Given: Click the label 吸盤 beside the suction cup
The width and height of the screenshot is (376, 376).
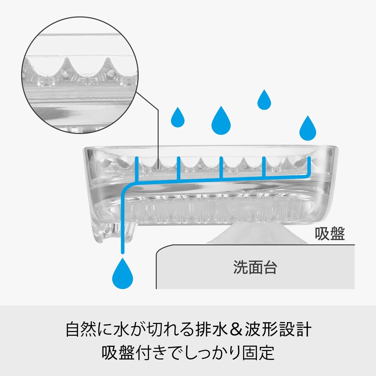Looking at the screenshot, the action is pyautogui.click(x=330, y=234).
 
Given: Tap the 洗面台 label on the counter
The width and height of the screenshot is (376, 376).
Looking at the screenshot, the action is pyautogui.click(x=255, y=267).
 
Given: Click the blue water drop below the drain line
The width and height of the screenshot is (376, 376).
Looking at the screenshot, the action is pyautogui.click(x=122, y=273).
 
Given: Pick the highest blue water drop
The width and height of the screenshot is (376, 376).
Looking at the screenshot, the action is pyautogui.click(x=264, y=100).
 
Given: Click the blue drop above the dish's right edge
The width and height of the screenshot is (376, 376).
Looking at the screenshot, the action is pyautogui.click(x=308, y=128).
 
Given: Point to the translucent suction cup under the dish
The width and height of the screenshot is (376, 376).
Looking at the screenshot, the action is pyautogui.click(x=257, y=234).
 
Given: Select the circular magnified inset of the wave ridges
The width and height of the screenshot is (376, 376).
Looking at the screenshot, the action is pyautogui.click(x=80, y=75).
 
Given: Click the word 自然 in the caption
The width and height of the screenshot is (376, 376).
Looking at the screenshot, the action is pyautogui.click(x=82, y=330).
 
